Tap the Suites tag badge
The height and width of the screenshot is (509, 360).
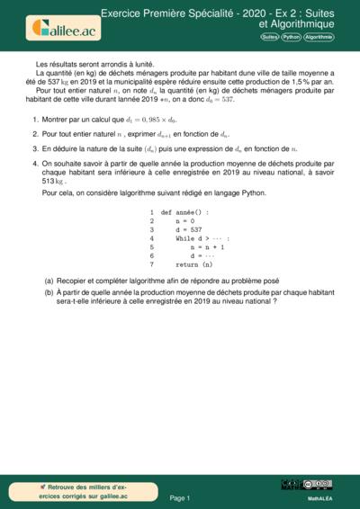pos(269,37)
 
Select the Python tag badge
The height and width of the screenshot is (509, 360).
pos(291,37)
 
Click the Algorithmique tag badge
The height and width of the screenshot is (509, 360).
pos(319,37)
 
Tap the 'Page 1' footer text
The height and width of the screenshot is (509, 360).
pos(180,496)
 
